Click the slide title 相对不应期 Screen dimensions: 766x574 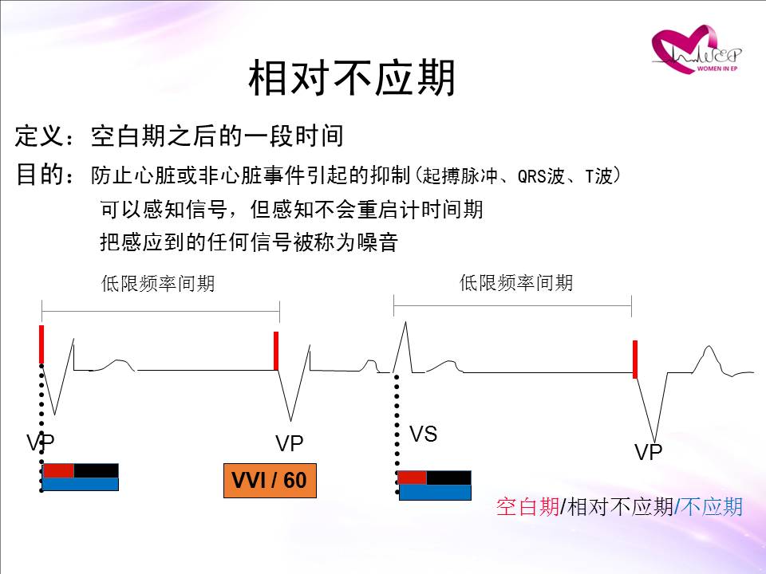[x=352, y=78]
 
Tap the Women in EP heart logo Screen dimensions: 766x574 [x=697, y=49]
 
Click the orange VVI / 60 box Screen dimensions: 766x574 [x=270, y=480]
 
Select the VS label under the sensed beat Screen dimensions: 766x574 [x=423, y=434]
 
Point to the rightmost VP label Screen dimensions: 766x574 [x=648, y=452]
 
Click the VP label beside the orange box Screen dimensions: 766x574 [x=289, y=443]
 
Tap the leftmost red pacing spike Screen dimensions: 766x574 [x=41, y=344]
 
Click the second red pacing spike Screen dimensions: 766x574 [x=276, y=351]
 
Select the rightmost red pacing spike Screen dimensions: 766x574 [x=635, y=360]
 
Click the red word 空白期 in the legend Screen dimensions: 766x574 [x=527, y=507]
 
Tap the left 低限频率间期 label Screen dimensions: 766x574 [x=158, y=283]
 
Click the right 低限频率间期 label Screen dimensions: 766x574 [x=516, y=282]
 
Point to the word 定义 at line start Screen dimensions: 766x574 [x=40, y=136]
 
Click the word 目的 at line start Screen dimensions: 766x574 [x=40, y=175]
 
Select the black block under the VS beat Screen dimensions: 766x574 [x=449, y=478]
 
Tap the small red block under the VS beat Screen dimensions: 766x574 [x=413, y=478]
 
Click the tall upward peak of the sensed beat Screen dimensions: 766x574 [x=405, y=322]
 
